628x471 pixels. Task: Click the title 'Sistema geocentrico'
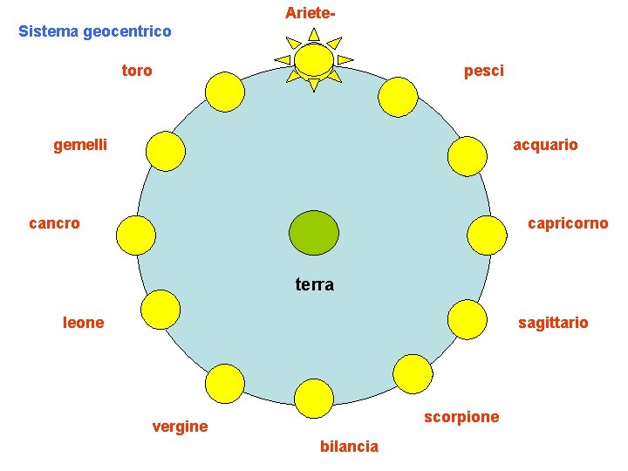click(95, 31)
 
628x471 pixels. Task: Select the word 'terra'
click(315, 284)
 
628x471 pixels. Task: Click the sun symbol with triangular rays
click(313, 59)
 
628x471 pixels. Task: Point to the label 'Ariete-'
click(311, 13)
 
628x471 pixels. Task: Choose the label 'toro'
click(137, 71)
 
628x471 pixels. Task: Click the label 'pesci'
click(484, 71)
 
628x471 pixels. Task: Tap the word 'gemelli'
click(80, 145)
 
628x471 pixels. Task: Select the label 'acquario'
click(545, 145)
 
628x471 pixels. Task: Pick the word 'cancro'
click(54, 223)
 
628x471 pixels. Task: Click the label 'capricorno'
click(568, 224)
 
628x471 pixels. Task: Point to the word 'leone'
click(84, 323)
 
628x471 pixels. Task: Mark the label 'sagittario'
click(553, 323)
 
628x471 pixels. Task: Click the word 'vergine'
click(180, 427)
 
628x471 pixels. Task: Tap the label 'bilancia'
click(350, 447)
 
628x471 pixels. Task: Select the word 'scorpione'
click(461, 417)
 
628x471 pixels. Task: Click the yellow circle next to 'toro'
click(225, 92)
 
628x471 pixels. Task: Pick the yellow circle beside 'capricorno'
click(487, 235)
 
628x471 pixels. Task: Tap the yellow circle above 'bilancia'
click(314, 399)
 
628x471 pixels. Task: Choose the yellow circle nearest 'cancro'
click(136, 235)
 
